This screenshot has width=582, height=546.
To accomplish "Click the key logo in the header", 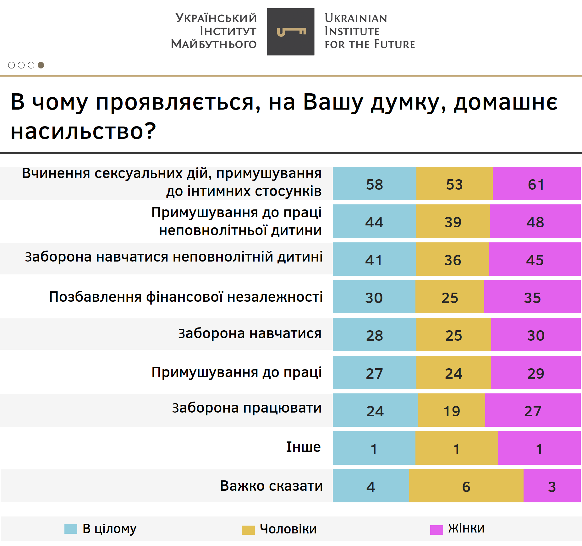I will tap(290, 32).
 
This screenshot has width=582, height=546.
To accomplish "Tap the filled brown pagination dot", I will tap(41, 65).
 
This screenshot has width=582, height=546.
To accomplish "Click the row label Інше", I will tap(303, 447).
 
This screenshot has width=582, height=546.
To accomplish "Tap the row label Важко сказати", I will tap(271, 486).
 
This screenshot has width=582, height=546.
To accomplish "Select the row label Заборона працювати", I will tap(247, 408).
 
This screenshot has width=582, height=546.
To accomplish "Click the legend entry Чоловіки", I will tap(288, 529).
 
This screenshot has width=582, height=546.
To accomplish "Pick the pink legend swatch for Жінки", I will tap(436, 530).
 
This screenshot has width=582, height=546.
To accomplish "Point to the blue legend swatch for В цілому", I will tap(71, 529).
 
